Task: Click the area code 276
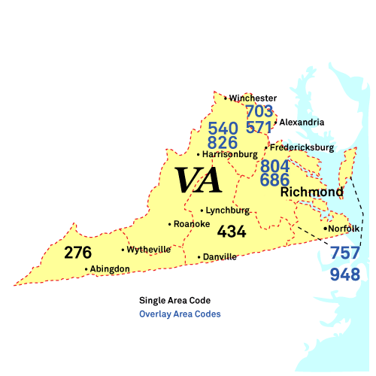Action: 78,253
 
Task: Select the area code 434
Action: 232,232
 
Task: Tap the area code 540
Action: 223,129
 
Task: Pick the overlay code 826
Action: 223,142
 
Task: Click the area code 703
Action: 259,112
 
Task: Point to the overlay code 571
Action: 259,127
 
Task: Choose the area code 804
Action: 275,166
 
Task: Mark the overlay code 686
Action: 275,180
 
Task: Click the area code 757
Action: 345,254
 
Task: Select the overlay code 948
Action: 345,274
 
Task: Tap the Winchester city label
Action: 253,98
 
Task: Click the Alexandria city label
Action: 302,122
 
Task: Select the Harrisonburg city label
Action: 229,154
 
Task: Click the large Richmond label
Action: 312,193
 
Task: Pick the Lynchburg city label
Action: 228,211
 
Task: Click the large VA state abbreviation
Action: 199,181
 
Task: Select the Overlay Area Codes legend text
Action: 180,314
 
